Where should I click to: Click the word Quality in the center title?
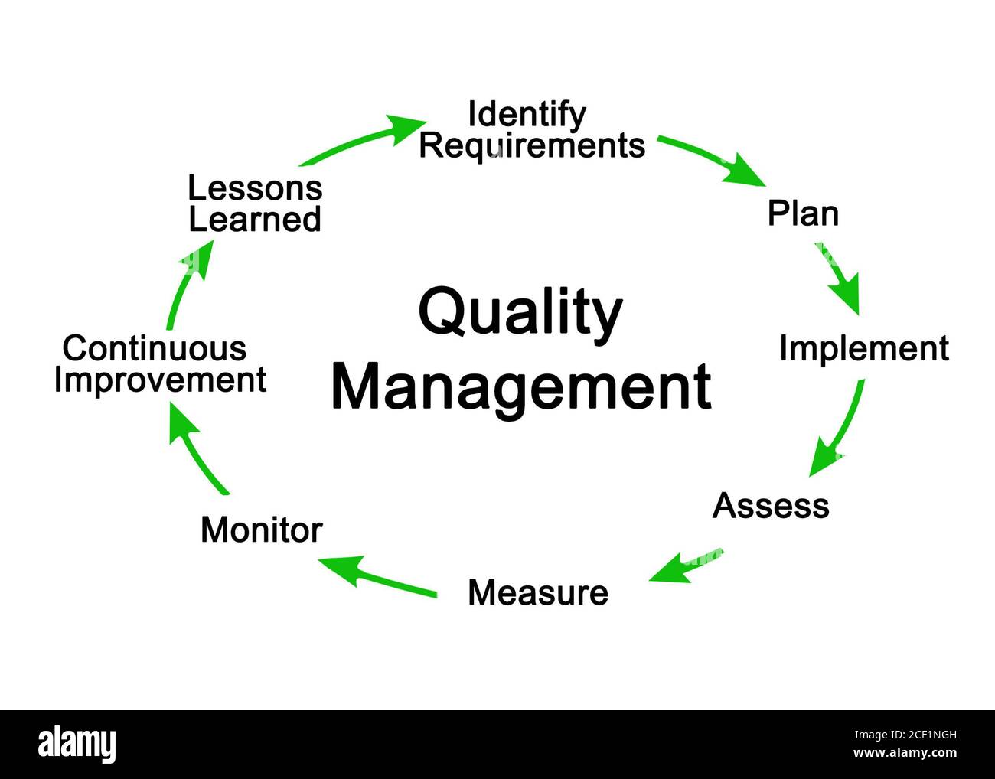coord(520,313)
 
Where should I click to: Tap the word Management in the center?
coord(520,387)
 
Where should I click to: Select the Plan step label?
coord(803,213)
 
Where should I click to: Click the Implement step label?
coord(863,349)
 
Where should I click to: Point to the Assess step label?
coord(770,506)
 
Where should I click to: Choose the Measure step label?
coord(537,593)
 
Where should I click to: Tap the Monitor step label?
coord(261,530)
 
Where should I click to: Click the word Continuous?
coord(155,349)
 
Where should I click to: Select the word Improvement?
coord(160,380)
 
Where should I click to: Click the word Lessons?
coord(255,188)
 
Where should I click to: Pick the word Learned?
coord(255,220)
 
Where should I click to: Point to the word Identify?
coord(527,115)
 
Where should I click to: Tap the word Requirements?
coord(532,145)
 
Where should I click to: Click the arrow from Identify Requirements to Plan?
coord(712,158)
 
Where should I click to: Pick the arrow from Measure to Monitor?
coord(379,576)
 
